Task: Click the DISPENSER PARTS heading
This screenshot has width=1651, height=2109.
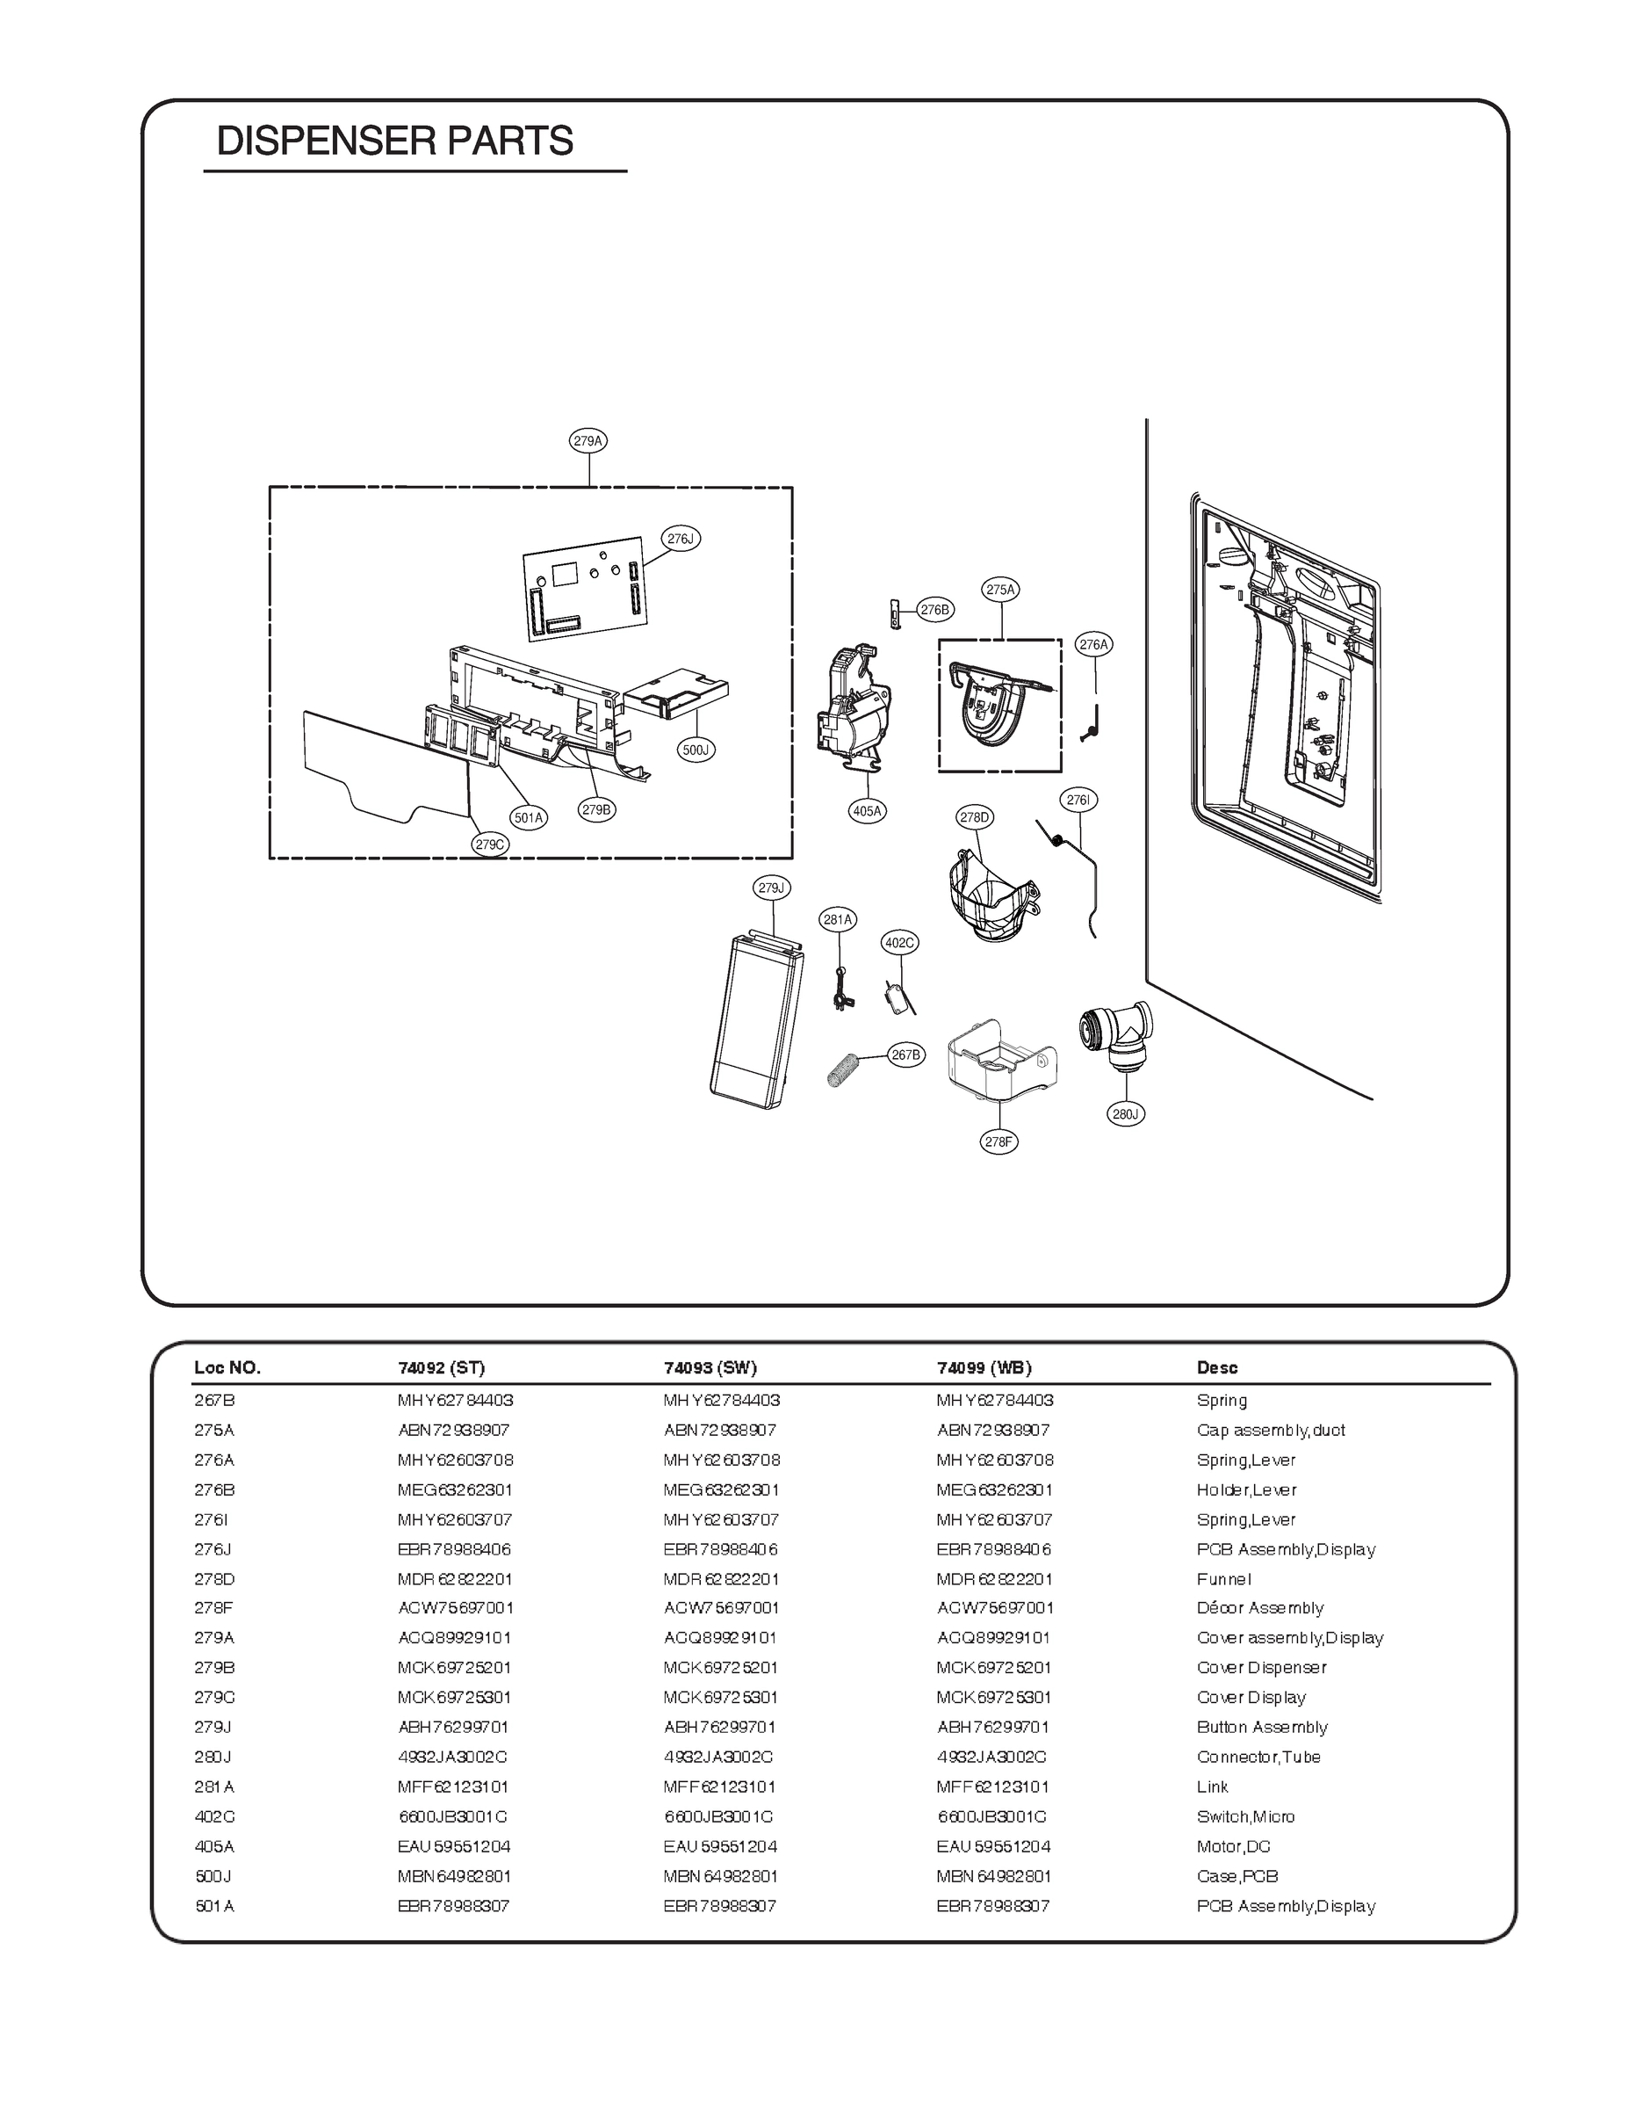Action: (x=394, y=141)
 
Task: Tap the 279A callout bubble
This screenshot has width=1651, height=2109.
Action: (x=588, y=441)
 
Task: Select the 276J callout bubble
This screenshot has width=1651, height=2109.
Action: (x=681, y=539)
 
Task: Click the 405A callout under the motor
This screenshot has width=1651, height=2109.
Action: (x=867, y=811)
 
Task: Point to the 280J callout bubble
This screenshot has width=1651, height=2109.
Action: (x=1125, y=1114)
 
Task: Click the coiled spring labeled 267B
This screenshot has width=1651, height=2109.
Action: (x=844, y=1069)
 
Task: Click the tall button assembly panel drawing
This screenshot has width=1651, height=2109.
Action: (x=756, y=1022)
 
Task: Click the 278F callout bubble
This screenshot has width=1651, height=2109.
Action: (x=999, y=1142)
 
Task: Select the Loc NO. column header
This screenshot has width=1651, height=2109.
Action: (x=227, y=1367)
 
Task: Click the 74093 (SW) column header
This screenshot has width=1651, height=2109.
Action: (x=710, y=1367)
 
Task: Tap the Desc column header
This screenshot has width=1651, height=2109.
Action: (x=1216, y=1367)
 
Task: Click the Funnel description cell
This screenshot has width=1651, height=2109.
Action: (x=1222, y=1579)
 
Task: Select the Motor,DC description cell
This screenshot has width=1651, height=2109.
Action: (x=1232, y=1846)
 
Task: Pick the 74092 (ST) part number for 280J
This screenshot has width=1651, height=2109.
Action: (x=452, y=1757)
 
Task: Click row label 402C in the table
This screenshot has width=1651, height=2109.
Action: (x=213, y=1817)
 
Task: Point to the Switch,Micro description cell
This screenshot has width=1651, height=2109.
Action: (x=1245, y=1817)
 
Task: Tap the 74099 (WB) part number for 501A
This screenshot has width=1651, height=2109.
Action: (x=991, y=1906)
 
